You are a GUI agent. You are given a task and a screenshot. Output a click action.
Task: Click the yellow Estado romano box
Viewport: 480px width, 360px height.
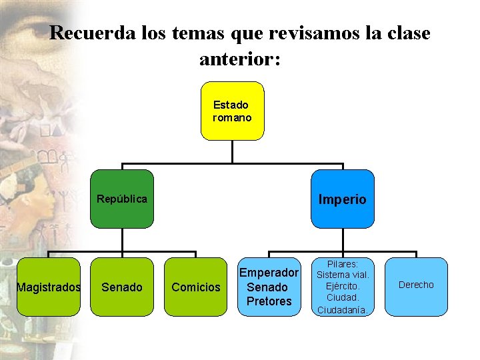coord(232,111)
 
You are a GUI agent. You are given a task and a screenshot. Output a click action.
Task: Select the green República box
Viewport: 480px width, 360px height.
coord(122,199)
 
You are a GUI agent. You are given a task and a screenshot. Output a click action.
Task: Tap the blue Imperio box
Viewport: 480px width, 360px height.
coord(342,199)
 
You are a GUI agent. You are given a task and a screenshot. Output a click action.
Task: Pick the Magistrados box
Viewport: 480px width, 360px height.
coord(48,287)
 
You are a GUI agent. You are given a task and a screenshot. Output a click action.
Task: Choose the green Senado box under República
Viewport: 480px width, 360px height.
coord(122,287)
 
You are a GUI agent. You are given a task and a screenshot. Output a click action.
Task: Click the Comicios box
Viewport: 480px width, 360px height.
coord(195,287)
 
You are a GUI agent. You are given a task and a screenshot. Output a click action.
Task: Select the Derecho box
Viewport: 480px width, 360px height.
coord(416,285)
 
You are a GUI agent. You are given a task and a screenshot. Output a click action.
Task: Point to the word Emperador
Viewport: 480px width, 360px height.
coord(269,273)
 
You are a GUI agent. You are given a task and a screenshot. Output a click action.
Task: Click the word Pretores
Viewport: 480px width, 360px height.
coord(269,301)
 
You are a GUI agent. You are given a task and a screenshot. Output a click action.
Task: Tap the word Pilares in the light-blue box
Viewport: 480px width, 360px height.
coord(342,264)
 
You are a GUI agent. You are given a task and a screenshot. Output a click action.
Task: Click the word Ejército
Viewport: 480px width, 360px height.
coord(342,286)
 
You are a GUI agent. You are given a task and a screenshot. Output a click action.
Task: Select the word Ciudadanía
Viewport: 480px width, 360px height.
coord(342,309)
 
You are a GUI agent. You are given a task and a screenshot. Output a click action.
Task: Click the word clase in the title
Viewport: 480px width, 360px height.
coord(405,33)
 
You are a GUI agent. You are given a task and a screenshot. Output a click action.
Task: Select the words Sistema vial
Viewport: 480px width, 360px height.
coord(342,275)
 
